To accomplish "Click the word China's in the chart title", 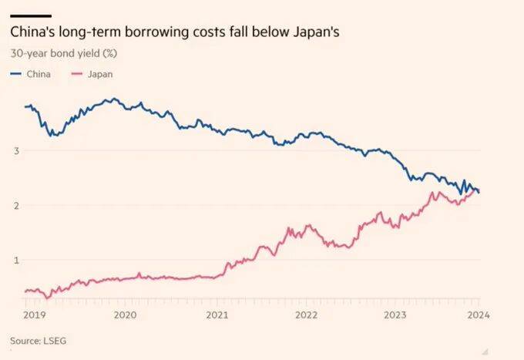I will click(30, 33).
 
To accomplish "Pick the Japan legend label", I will click(100, 75).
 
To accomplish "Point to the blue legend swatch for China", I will click(16, 75).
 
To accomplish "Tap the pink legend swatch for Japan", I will click(77, 75).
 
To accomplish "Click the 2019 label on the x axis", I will click(35, 315).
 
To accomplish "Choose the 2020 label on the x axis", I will click(125, 315).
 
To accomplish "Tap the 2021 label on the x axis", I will click(217, 315).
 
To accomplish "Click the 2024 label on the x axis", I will click(479, 315).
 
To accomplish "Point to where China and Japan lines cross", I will click(476, 190).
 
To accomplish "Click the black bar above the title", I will click(30, 15).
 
